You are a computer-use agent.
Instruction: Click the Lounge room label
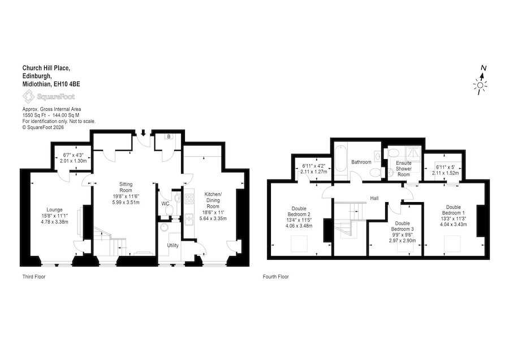(54, 209)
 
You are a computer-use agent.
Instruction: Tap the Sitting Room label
(126, 187)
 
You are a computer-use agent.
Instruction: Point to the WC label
(165, 204)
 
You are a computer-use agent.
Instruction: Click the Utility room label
(172, 245)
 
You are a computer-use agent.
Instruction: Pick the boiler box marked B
(169, 137)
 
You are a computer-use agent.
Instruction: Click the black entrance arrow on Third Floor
(143, 132)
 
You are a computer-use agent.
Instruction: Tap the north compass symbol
(481, 82)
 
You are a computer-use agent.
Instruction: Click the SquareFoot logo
(49, 96)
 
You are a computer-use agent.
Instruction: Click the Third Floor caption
(34, 277)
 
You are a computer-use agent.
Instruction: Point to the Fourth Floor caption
(275, 277)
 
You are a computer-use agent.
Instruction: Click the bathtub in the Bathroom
(340, 159)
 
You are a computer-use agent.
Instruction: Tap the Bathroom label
(361, 162)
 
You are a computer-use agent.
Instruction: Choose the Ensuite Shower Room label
(403, 169)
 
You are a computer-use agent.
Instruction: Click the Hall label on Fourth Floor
(374, 198)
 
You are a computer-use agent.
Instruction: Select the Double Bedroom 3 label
(403, 226)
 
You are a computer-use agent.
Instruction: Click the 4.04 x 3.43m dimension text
(454, 225)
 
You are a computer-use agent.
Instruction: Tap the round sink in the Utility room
(164, 227)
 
